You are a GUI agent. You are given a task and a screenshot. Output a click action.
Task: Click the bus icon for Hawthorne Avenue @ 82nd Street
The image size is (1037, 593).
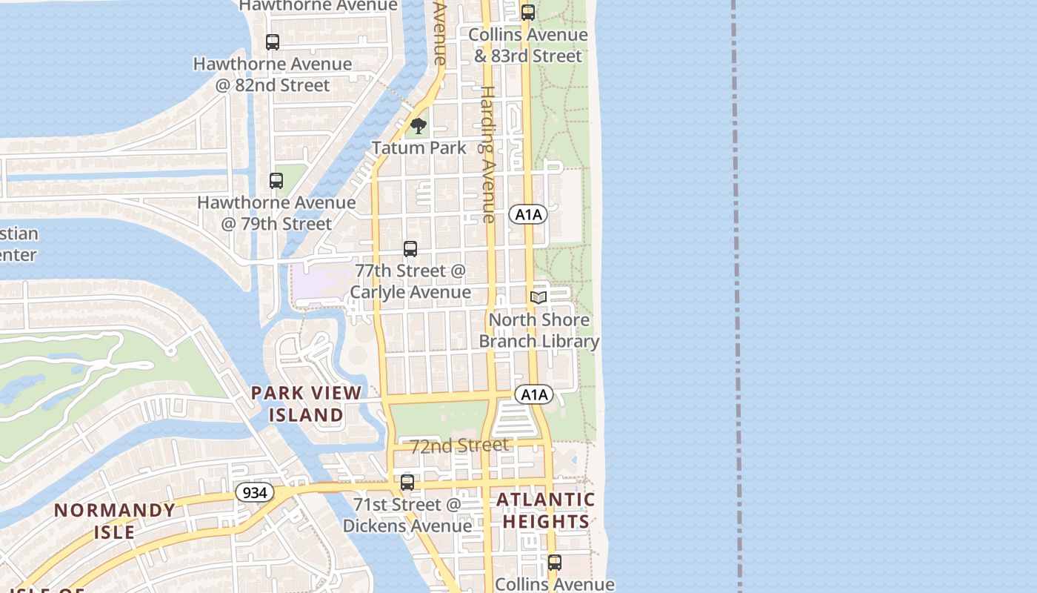coord(273,42)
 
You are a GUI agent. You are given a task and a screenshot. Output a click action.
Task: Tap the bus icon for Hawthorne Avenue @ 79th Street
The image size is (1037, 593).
coord(276,180)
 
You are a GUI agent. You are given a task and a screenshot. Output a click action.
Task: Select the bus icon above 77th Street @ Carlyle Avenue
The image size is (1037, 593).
coord(410,249)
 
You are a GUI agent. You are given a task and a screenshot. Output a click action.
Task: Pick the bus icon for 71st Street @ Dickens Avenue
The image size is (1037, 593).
coord(407,483)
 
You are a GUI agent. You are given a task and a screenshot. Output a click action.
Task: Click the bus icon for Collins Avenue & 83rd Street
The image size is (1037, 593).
coord(528,13)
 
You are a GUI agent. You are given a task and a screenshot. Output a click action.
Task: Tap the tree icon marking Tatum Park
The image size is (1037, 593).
coord(419,126)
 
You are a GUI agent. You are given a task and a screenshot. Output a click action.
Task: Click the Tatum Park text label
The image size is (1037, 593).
coord(419,148)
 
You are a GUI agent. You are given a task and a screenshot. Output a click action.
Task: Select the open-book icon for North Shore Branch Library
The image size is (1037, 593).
coord(538,298)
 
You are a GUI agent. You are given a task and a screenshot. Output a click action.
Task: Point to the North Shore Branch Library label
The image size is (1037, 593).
coord(539,331)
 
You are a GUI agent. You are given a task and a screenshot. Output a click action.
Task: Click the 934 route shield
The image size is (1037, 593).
coord(255,492)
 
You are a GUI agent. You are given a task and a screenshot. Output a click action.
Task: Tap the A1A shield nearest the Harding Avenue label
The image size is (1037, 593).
coord(528,215)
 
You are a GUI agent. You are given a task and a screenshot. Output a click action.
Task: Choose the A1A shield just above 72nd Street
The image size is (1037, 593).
coord(534,394)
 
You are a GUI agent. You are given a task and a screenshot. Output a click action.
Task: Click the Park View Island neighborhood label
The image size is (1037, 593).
coord(306,404)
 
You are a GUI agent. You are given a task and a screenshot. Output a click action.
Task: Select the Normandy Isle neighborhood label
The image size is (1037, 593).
coord(115,520)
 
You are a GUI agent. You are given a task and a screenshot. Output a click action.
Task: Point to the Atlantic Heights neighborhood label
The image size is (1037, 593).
coord(546,510)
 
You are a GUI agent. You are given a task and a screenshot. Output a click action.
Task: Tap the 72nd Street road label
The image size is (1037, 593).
coord(459,445)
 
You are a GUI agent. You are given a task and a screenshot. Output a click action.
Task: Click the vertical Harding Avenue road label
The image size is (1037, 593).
coord(487,154)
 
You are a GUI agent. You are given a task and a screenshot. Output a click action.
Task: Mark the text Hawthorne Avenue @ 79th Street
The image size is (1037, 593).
coord(276,213)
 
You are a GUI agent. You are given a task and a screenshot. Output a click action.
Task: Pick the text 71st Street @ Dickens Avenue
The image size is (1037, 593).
coord(407,515)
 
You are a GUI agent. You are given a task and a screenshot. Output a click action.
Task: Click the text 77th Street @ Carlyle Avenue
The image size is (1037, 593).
coord(410,281)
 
